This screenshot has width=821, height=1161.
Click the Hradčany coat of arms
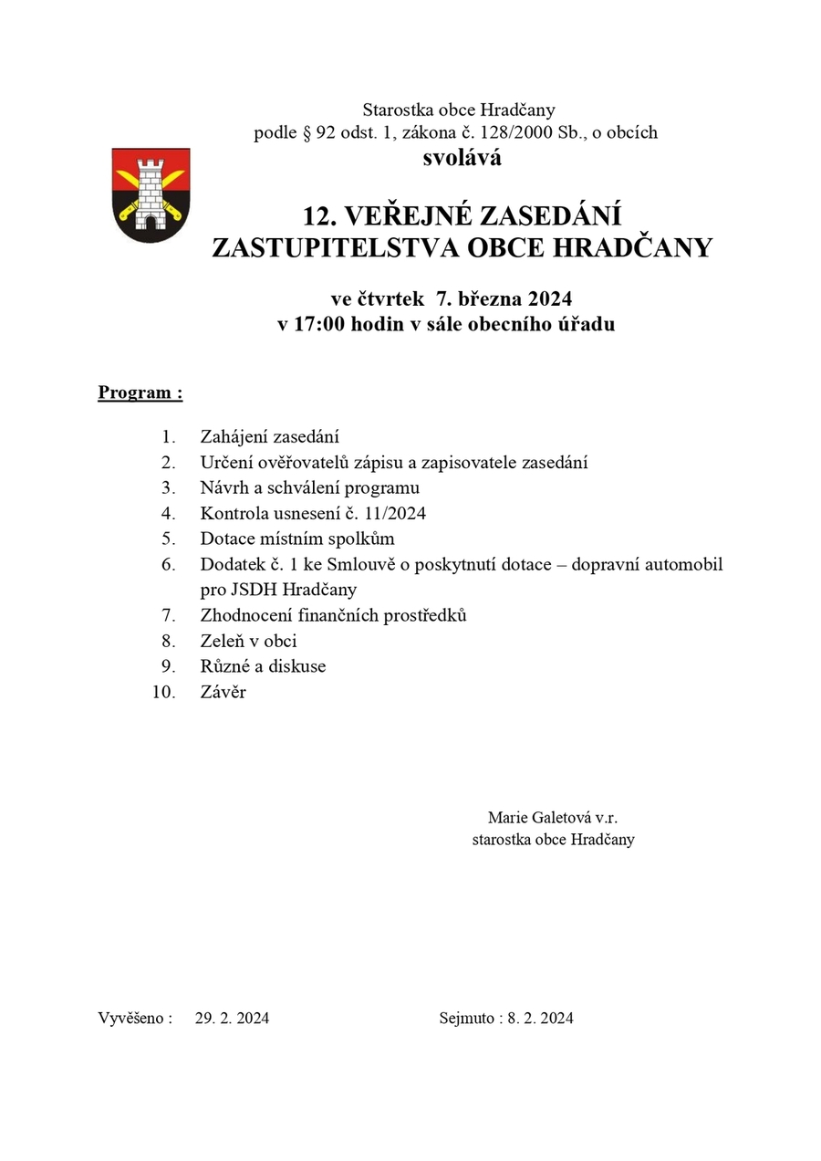pos(151,194)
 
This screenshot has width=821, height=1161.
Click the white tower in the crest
pos(151,187)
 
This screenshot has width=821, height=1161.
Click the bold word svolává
pos(462,158)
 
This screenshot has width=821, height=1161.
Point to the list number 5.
pos(168,539)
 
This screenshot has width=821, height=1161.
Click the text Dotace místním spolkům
pos(297,539)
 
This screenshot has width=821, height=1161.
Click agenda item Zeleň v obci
pos(248,641)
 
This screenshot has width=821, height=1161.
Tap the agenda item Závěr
pos(223,692)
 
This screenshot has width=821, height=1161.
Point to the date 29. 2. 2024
pos(232,1018)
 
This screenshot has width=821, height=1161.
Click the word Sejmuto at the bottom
pos(466,1018)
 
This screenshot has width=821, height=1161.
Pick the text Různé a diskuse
pos(263,666)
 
